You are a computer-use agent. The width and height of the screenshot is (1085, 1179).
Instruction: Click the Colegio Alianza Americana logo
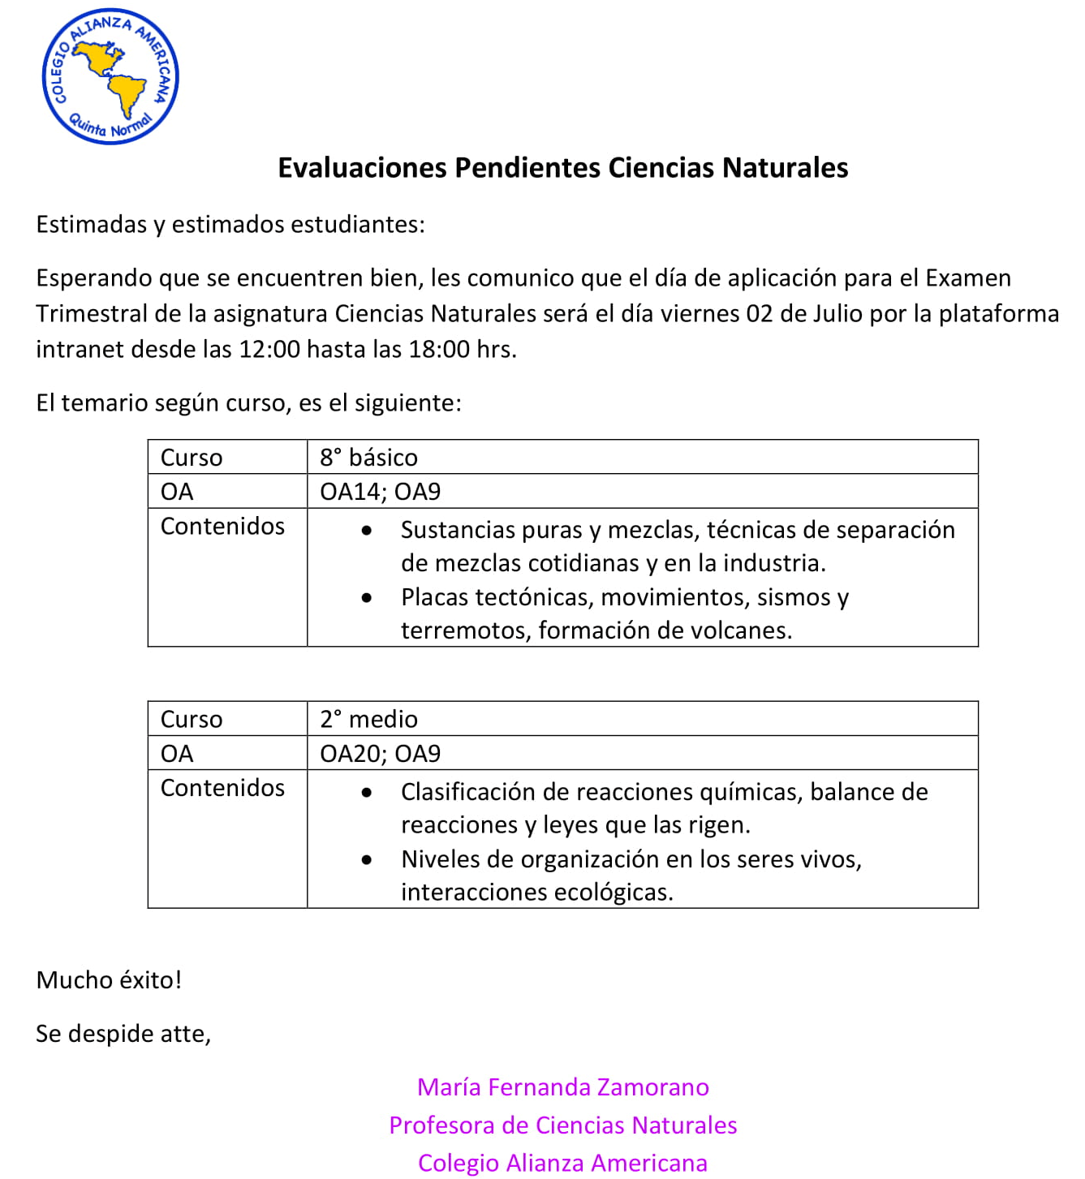point(110,77)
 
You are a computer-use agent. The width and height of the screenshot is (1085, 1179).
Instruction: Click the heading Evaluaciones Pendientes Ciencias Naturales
point(562,168)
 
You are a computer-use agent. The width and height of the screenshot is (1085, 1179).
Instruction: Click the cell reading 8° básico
point(369,458)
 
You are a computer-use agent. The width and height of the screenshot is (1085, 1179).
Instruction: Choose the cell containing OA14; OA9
point(381,492)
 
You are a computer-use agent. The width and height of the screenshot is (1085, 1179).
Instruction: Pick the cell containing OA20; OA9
point(381,754)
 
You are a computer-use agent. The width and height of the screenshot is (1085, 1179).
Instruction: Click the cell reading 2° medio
point(369,720)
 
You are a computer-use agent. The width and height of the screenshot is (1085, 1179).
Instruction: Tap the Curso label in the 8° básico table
point(192,458)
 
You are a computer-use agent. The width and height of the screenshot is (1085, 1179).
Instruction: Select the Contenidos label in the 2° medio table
point(222,788)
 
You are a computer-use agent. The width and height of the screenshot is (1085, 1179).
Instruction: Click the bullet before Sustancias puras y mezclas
point(367,531)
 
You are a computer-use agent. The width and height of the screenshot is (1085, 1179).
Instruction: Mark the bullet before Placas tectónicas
point(367,598)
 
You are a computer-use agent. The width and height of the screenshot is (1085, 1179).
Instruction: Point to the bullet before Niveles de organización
point(367,860)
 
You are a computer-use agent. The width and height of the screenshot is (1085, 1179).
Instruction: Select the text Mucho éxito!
point(109,980)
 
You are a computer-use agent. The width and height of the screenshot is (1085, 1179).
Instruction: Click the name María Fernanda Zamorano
point(562,1087)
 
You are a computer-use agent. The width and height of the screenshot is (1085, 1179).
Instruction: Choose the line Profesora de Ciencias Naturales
point(562,1125)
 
